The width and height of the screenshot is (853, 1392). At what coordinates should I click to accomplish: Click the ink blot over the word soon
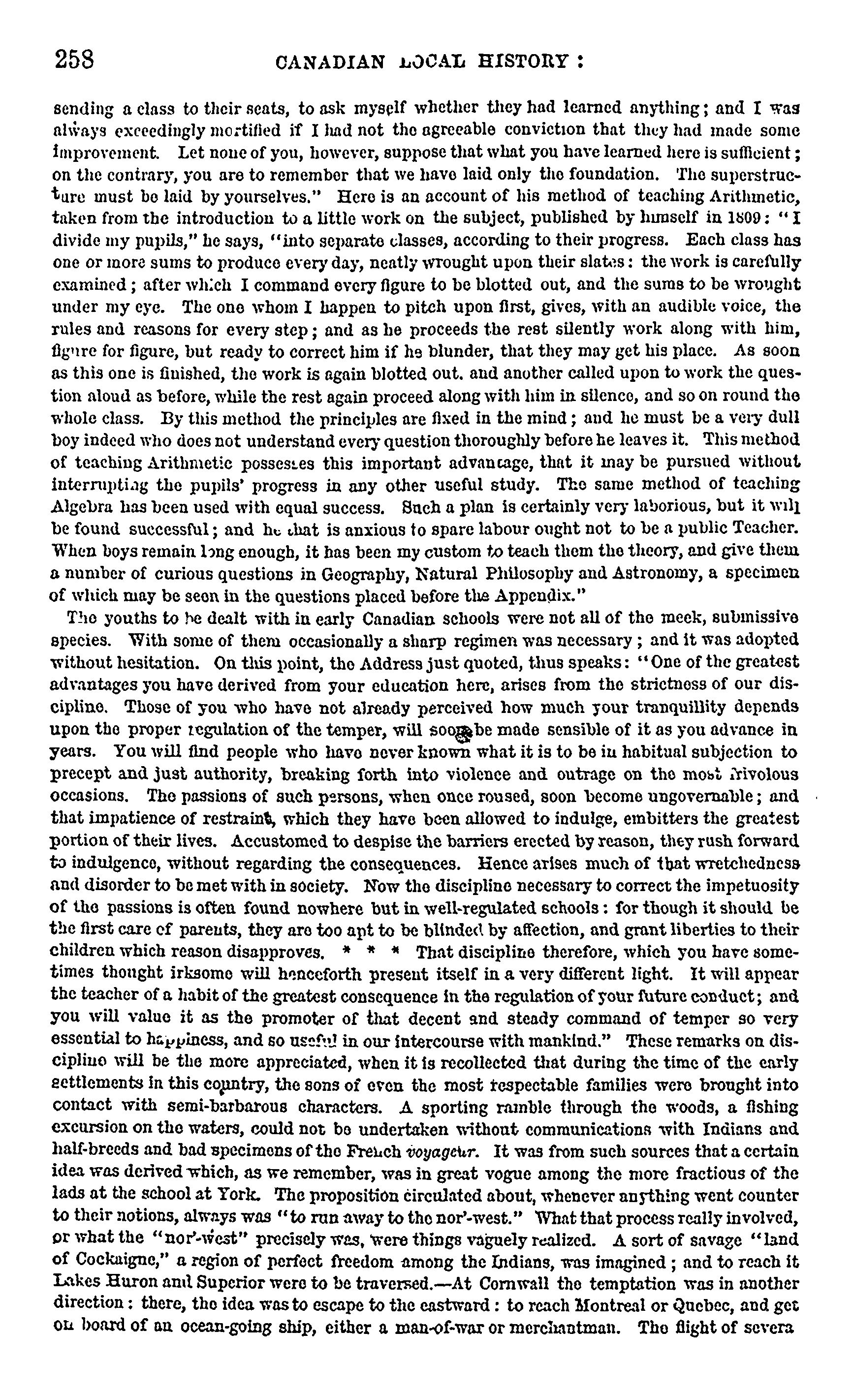click(465, 735)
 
